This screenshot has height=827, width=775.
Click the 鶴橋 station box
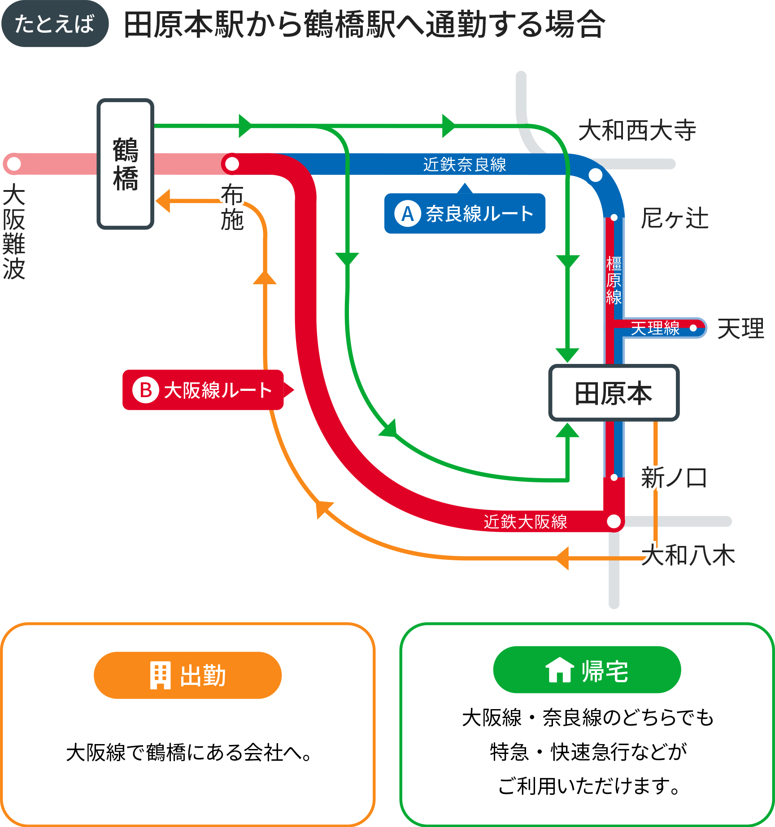point(126,164)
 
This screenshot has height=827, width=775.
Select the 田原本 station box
point(614,393)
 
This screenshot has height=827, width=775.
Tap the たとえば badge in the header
point(55,24)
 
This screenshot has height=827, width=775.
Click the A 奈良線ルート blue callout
point(465,213)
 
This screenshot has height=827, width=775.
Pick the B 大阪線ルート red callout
point(203,390)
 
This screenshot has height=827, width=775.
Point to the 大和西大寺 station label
point(637,130)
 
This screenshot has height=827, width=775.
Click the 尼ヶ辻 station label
point(675,219)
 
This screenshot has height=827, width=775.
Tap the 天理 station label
point(740,329)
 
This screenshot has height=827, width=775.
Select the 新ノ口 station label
point(674,478)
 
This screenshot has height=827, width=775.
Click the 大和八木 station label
point(688,555)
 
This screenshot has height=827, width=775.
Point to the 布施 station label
point(232,207)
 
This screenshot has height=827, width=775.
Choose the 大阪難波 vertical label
point(14,231)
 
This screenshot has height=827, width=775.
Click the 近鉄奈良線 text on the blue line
point(465,165)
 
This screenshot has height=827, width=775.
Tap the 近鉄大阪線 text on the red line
point(525,522)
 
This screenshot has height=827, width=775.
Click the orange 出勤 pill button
point(187,675)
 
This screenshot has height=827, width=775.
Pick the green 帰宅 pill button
point(587,670)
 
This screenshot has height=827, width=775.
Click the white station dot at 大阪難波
point(14,164)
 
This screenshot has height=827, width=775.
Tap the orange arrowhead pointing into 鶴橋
point(163,200)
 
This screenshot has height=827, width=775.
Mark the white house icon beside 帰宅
point(559,670)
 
